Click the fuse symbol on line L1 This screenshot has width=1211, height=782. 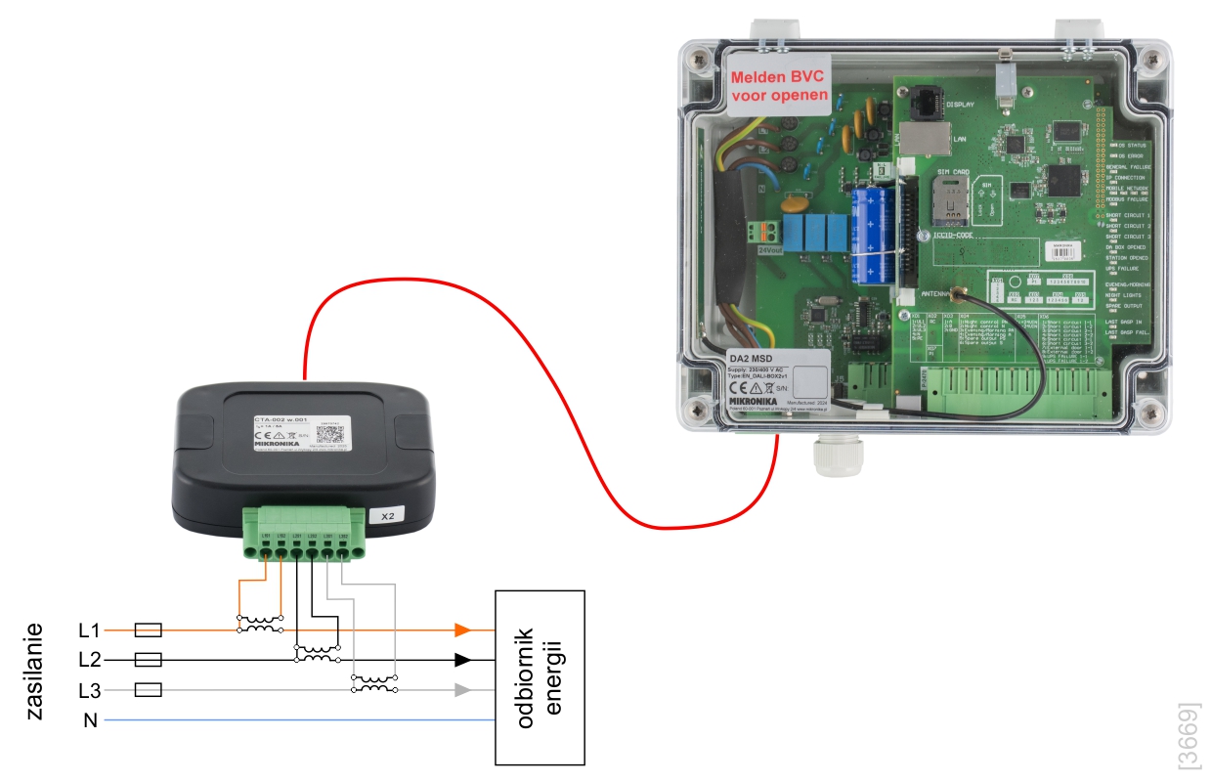[x=147, y=630]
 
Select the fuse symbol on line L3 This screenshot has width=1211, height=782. [x=147, y=690]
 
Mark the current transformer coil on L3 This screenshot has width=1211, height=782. [x=373, y=686]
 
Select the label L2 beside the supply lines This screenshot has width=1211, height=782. [x=89, y=660]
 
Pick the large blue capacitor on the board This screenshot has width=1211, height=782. [x=869, y=235]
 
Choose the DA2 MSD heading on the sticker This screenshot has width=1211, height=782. [x=754, y=360]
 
